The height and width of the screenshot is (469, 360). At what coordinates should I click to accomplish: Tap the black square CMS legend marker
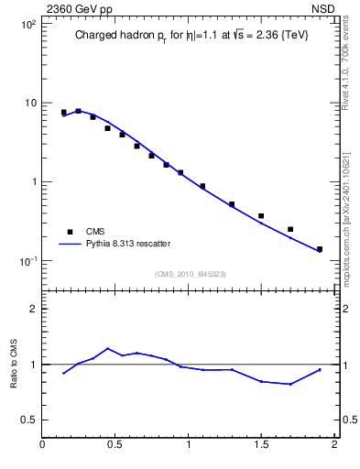(x=68, y=232)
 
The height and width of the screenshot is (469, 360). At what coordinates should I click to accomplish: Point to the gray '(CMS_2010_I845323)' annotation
(x=190, y=272)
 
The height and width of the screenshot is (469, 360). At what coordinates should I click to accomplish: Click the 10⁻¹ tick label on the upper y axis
(x=27, y=261)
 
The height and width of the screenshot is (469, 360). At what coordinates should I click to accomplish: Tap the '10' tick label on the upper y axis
(x=29, y=103)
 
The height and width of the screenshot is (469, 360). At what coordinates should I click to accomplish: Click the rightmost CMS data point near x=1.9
(x=320, y=249)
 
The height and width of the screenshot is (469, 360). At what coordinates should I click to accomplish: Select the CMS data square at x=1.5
(x=261, y=216)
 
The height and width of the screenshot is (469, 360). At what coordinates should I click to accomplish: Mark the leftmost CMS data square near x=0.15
(x=64, y=113)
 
